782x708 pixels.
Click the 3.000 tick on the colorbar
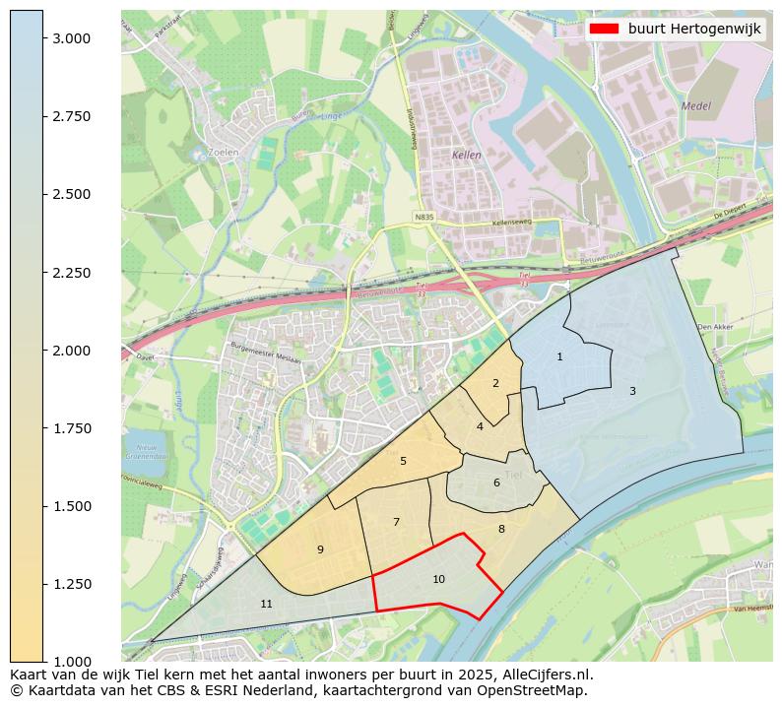click(43, 38)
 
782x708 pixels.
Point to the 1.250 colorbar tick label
click(73, 584)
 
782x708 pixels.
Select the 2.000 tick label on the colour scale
click(73, 351)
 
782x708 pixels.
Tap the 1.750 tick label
click(73, 428)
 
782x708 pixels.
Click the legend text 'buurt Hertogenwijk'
click(694, 30)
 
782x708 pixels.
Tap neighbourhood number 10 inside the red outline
click(438, 579)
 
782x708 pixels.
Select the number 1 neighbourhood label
click(559, 356)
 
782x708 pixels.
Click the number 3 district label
click(632, 391)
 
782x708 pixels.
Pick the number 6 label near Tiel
click(496, 483)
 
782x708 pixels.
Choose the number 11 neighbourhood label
click(266, 604)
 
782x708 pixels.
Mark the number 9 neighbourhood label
click(320, 549)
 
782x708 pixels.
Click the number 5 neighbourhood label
click(403, 461)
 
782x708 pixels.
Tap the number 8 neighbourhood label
click(501, 529)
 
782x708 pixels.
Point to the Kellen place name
click(466, 156)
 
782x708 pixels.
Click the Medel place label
click(695, 106)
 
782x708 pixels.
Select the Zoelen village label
click(224, 153)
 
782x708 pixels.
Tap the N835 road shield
click(424, 216)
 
